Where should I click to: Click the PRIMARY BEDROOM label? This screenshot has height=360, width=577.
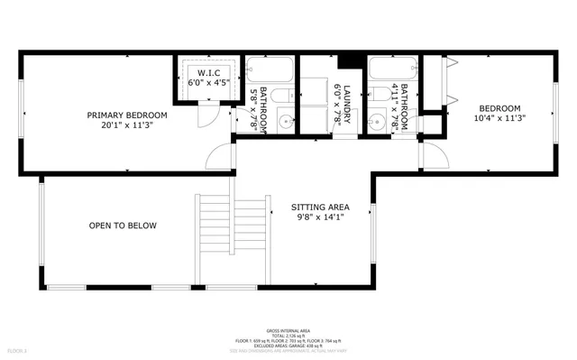click(x=126, y=115)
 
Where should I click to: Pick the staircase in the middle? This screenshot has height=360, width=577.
click(x=233, y=235)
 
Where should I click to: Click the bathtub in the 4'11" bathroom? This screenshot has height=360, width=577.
click(x=390, y=69)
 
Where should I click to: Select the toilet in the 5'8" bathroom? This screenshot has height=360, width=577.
click(x=280, y=96)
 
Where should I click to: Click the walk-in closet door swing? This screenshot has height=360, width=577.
click(x=208, y=113)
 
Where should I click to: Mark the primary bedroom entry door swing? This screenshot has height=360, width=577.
click(x=219, y=156)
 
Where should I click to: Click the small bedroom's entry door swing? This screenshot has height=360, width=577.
click(x=434, y=154)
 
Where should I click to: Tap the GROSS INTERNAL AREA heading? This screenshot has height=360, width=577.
click(x=288, y=331)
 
